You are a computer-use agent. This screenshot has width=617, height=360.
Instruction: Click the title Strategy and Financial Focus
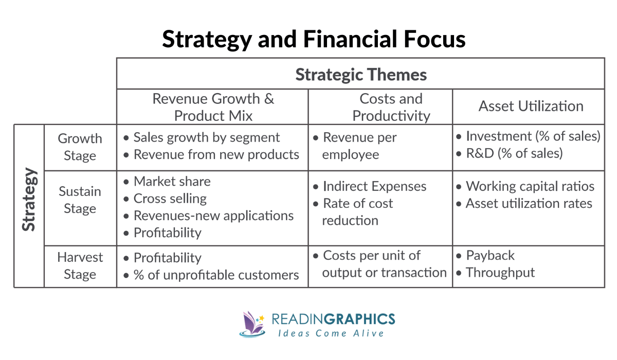[314, 39]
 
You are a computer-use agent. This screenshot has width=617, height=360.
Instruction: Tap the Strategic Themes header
[361, 75]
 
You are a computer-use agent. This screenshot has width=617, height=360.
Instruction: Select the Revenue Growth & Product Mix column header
[213, 107]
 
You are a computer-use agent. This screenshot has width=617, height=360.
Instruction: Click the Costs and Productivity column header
[391, 107]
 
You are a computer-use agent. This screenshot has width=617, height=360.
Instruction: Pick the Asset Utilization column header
[531, 106]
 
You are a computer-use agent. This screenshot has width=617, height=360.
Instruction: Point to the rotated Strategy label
[29, 200]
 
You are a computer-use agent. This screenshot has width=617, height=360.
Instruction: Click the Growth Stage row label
[80, 147]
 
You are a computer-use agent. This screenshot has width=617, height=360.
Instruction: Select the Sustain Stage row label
[80, 200]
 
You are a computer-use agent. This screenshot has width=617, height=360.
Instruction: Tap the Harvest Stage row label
[80, 266]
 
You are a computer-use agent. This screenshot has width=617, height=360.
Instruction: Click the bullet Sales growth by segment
[206, 138]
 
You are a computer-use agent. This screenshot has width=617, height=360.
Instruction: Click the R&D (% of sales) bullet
[514, 153]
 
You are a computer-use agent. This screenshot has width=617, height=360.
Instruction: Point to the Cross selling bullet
[170, 199]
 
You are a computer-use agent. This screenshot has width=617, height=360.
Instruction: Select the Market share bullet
[172, 182]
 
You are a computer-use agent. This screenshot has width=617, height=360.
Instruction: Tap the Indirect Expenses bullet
[374, 187]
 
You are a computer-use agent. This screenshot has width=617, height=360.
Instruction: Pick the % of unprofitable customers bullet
[216, 275]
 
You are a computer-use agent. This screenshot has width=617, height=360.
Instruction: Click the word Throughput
[500, 273]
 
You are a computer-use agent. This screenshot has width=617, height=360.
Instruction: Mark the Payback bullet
[489, 256]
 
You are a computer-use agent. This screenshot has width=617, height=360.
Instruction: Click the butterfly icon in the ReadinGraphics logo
[252, 323]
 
